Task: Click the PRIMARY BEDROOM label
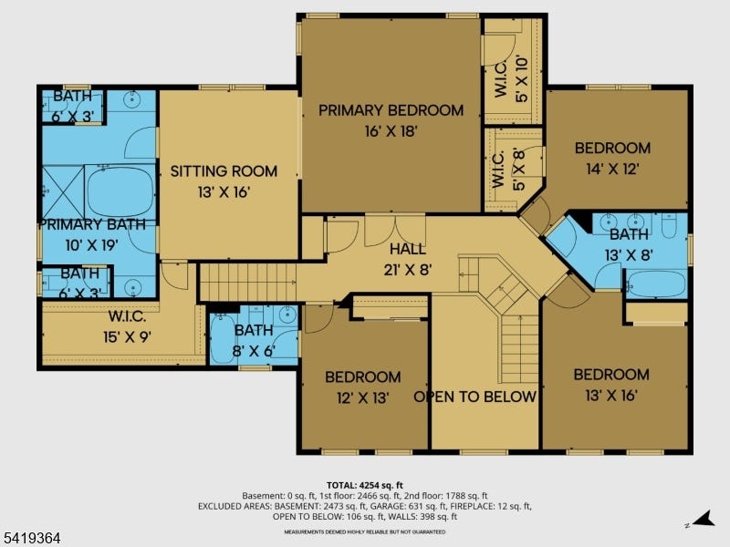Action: (x=391, y=110)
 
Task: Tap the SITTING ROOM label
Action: (x=224, y=171)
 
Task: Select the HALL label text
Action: (x=408, y=249)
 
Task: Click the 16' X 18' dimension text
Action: (x=391, y=131)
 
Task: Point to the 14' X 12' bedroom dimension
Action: (x=612, y=169)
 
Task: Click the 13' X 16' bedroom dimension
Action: (x=610, y=396)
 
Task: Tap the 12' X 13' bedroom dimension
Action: (x=362, y=397)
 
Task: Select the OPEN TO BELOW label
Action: (x=474, y=397)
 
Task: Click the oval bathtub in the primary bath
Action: (x=120, y=191)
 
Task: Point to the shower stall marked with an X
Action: (x=63, y=191)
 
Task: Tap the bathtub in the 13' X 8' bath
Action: (x=655, y=284)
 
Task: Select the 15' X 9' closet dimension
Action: (x=127, y=336)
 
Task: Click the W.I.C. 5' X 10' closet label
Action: (x=511, y=79)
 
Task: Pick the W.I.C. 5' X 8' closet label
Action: (x=509, y=170)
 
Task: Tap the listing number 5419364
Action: (x=30, y=538)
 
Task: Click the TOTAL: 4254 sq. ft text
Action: (x=364, y=486)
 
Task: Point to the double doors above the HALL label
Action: (x=395, y=230)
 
